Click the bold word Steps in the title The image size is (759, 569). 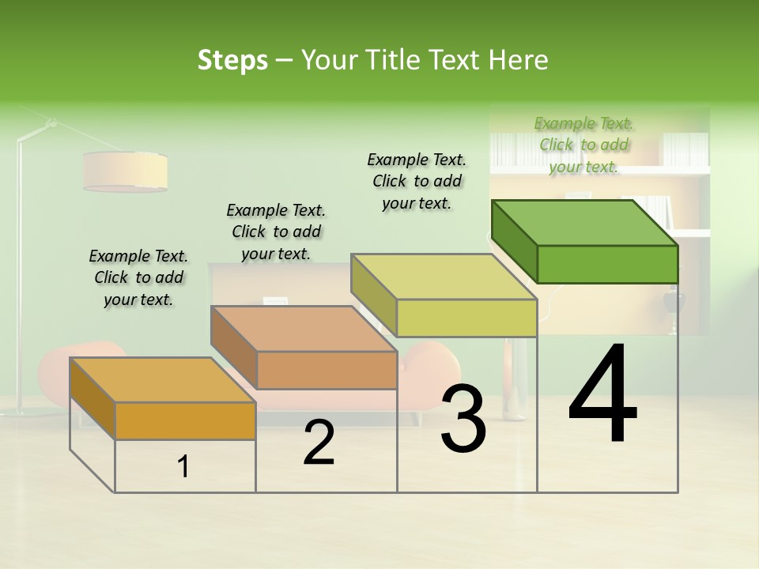tap(232, 60)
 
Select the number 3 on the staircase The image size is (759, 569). tap(463, 419)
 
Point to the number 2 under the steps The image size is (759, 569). tap(319, 443)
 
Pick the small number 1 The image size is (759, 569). tap(183, 467)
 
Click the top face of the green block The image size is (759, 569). tap(585, 222)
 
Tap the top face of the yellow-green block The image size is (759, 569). tap(444, 277)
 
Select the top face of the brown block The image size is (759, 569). tap(304, 328)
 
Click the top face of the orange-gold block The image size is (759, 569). tap(163, 379)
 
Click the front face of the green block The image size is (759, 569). tap(607, 264)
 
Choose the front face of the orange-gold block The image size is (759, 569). tap(185, 420)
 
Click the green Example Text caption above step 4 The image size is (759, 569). tap(583, 145)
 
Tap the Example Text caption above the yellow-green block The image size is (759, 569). tap(417, 181)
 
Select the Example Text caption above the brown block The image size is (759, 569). tap(276, 232)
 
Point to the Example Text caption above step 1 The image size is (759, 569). tap(138, 277)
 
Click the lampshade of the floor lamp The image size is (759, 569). tap(125, 171)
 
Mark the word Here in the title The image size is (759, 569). tap(518, 60)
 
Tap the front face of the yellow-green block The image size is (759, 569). tap(466, 318)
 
